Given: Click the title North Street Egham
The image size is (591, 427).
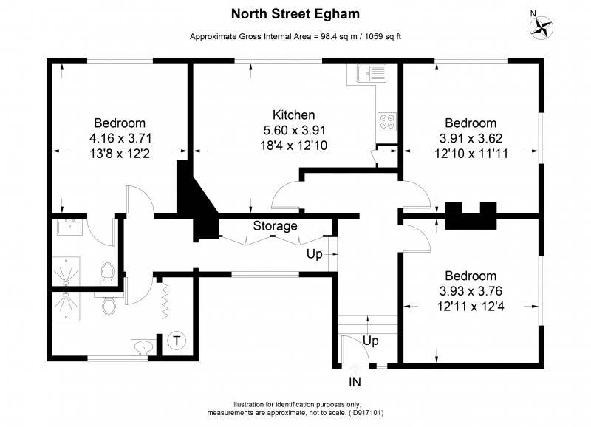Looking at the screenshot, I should [295, 13].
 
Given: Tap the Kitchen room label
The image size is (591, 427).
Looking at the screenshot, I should [294, 115].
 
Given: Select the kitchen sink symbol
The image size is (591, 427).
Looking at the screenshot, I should [367, 73].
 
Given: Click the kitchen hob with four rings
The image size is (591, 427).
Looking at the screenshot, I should [387, 121].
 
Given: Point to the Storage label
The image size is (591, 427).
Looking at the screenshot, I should [276, 226].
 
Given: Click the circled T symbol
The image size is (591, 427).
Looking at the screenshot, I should [177, 341].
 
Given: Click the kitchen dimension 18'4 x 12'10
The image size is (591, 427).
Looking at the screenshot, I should [294, 146].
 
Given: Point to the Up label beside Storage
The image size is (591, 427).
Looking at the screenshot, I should [315, 254].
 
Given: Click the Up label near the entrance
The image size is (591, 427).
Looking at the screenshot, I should [371, 341].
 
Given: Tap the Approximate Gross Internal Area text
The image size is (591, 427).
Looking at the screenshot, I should [295, 36].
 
